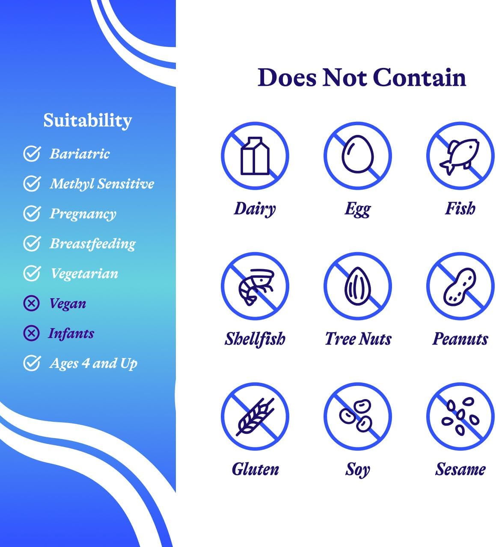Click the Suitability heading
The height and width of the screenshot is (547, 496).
point(87,121)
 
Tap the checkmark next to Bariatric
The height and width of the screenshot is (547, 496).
point(32,154)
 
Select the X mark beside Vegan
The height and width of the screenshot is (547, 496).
point(31,303)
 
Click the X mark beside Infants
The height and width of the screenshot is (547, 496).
point(31,333)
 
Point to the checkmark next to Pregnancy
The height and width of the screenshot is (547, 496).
point(32,214)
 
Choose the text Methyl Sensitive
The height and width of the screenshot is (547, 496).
point(102,184)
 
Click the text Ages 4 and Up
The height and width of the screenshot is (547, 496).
point(93,363)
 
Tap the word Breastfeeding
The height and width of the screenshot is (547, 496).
point(92,244)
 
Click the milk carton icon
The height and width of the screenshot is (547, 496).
point(255,156)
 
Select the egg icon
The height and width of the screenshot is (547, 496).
point(358,155)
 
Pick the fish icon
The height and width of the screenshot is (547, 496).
point(460,155)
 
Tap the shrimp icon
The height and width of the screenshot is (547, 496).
point(255,286)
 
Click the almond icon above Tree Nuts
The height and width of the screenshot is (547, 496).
point(358,286)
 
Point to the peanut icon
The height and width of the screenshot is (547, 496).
point(460,286)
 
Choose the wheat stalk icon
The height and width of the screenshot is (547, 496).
point(255,416)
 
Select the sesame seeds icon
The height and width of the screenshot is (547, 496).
point(460,416)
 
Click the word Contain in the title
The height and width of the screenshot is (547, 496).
point(419,78)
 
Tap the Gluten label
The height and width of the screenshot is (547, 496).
point(255,469)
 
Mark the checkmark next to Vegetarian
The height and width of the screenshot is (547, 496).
point(32,273)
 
